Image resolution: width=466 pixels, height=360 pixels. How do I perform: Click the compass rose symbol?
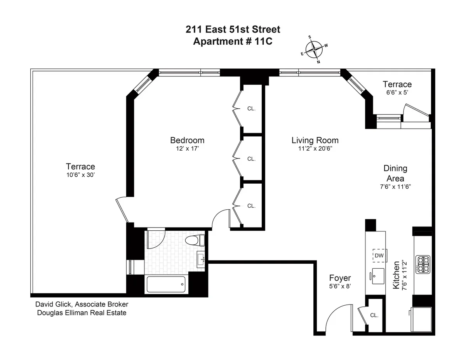[x=314, y=49]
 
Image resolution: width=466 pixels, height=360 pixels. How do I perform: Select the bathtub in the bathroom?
[x=166, y=284]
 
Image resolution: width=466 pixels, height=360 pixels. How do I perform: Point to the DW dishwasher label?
[x=379, y=256]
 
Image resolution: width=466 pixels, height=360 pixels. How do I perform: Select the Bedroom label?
[x=187, y=140]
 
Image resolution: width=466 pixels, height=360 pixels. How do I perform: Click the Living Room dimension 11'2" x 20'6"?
[x=315, y=148]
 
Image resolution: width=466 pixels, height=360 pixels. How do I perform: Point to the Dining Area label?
[x=395, y=173]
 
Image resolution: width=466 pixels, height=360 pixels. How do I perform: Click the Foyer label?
[x=340, y=278]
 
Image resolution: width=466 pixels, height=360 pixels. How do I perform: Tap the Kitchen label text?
[x=396, y=275]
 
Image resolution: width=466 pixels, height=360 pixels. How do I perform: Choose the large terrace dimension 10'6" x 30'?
[x=80, y=175]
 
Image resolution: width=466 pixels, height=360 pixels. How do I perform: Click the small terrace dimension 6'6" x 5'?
[x=397, y=92]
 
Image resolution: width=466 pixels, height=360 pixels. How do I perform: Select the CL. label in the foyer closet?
[x=374, y=315]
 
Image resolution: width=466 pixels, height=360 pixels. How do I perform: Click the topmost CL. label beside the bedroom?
[x=251, y=109]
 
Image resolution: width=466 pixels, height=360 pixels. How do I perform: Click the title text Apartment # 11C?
[x=233, y=42]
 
